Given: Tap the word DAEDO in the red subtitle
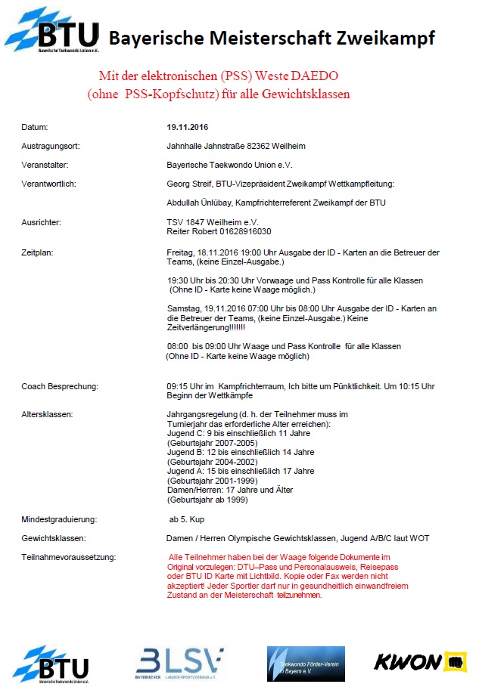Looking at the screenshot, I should click(313, 77).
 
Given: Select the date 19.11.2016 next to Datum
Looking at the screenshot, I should click(188, 127).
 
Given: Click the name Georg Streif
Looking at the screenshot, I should click(190, 183).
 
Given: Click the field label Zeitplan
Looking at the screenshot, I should click(37, 252).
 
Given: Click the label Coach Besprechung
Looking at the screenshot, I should click(60, 386).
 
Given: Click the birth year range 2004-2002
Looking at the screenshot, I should click(233, 462).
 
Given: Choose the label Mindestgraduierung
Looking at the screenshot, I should click(58, 520).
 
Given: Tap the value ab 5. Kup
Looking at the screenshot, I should click(187, 520).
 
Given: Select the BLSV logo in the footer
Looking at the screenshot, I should click(179, 662).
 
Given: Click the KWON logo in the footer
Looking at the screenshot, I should click(418, 661).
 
